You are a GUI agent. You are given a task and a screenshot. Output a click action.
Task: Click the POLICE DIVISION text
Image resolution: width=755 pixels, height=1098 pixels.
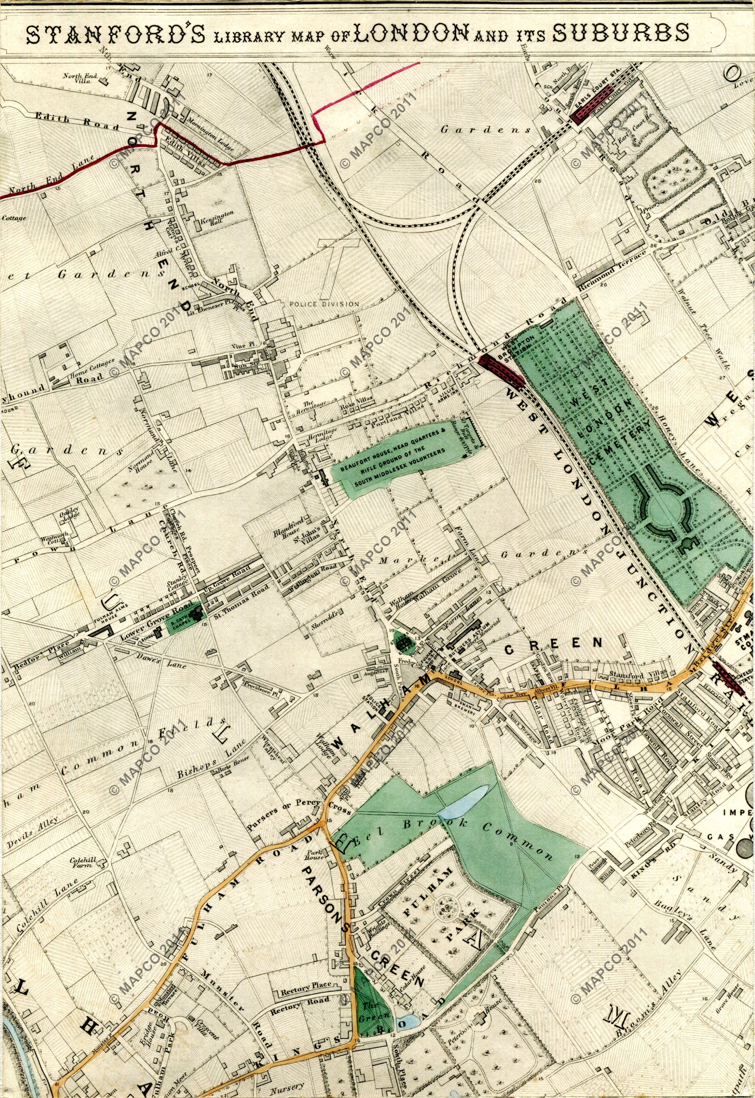324,304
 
